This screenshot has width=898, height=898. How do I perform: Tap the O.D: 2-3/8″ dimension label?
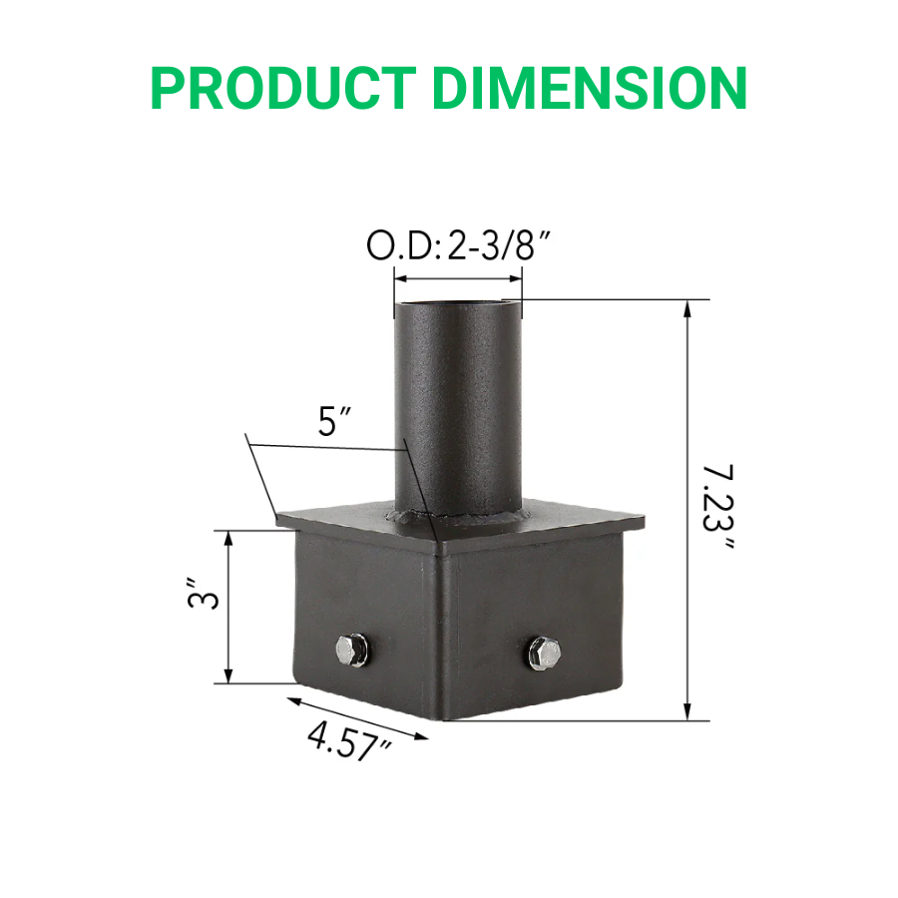point(459,247)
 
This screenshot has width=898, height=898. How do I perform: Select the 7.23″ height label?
point(715,509)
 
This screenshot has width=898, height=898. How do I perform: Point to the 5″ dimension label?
point(332,423)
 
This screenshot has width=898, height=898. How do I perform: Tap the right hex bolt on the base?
point(544,654)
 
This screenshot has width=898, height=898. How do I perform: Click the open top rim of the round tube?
point(458,300)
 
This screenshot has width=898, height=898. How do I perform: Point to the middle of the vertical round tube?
point(458,409)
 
